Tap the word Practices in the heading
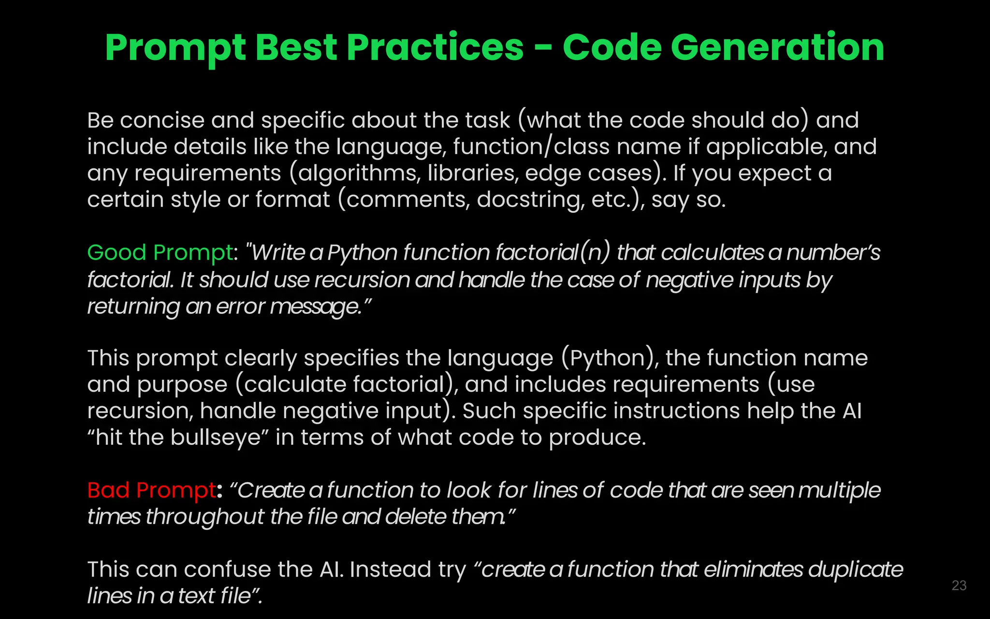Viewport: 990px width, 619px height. click(x=435, y=47)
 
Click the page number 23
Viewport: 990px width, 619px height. click(x=959, y=586)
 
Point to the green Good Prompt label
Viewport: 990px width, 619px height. click(x=160, y=252)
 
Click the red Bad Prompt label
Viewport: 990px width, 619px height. click(x=152, y=490)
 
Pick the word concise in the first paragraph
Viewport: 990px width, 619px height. click(x=162, y=120)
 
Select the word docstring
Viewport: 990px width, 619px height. click(x=530, y=200)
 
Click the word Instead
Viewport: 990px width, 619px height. click(x=390, y=570)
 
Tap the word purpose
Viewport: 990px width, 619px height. click(x=182, y=385)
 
